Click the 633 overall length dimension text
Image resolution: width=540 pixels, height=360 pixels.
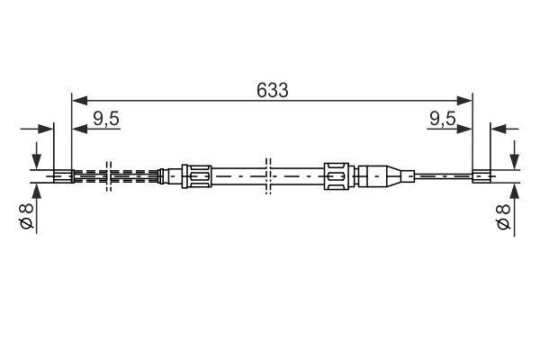tap(272, 89)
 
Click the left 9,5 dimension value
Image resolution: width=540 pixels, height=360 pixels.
tap(106, 117)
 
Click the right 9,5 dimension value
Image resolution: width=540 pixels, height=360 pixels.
tap(441, 117)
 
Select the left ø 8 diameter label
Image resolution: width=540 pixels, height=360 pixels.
tap(26, 217)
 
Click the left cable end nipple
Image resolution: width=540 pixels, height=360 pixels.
tap(63, 175)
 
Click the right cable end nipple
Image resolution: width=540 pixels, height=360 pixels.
tap(481, 175)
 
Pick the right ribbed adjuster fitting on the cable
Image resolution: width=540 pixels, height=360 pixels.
tap(336, 175)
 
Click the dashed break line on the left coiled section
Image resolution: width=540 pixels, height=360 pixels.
tap(108, 175)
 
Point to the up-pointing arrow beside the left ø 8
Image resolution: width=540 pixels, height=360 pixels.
tap(37, 192)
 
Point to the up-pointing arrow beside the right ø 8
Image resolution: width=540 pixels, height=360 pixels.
tap(514, 192)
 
